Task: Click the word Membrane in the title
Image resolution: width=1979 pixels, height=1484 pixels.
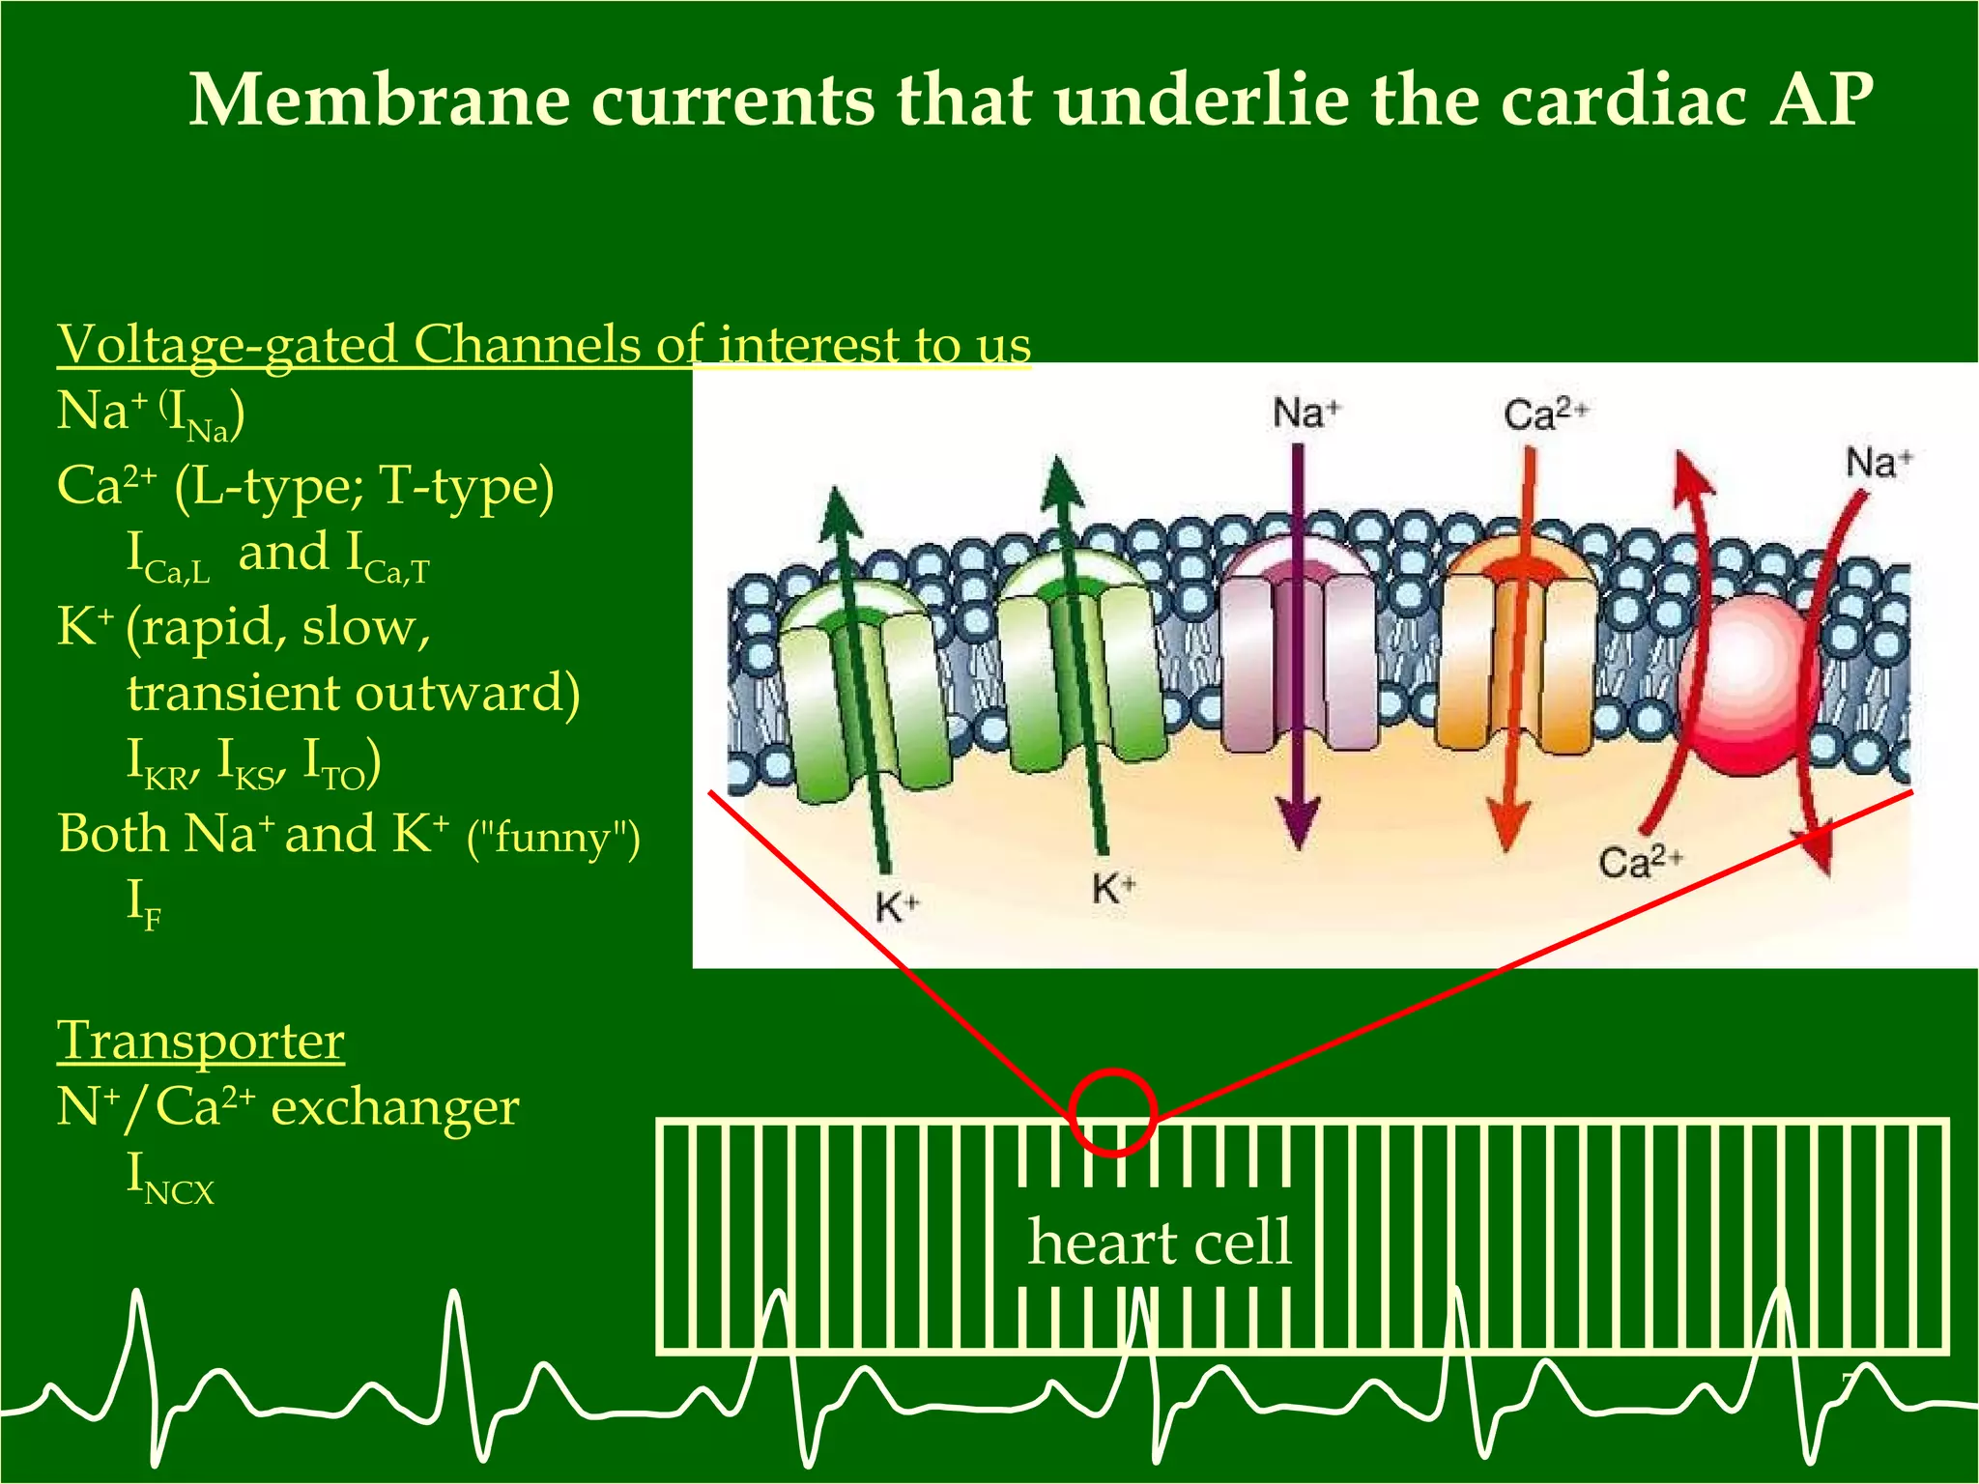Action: (379, 100)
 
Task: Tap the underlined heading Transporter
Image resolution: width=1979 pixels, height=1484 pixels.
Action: (201, 1042)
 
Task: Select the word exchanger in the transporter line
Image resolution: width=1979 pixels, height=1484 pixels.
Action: (395, 1107)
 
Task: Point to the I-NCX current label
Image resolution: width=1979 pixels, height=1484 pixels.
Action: (170, 1179)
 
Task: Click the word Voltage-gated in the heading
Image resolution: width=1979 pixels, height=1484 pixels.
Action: (227, 345)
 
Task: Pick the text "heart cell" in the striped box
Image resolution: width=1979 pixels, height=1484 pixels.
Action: (1159, 1241)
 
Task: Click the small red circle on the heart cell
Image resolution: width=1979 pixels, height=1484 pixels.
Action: (1113, 1112)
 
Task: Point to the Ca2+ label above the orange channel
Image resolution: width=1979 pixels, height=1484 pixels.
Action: (1544, 414)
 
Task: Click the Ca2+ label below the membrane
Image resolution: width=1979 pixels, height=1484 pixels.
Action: (1640, 861)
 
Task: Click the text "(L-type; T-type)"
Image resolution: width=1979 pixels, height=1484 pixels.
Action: (364, 486)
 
